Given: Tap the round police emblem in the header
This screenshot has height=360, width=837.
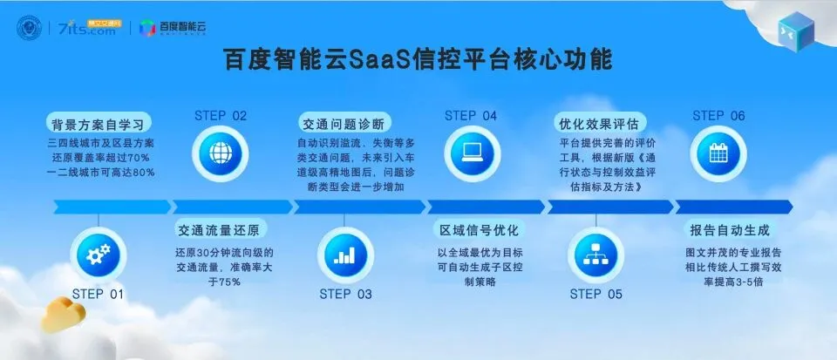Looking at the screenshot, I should tap(31, 27).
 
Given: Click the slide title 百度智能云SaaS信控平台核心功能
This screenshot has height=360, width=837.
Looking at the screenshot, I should tap(418, 60).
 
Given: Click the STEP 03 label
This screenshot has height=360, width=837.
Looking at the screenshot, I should tap(345, 294).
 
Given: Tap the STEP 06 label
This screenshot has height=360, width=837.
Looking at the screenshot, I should tap(718, 115).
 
